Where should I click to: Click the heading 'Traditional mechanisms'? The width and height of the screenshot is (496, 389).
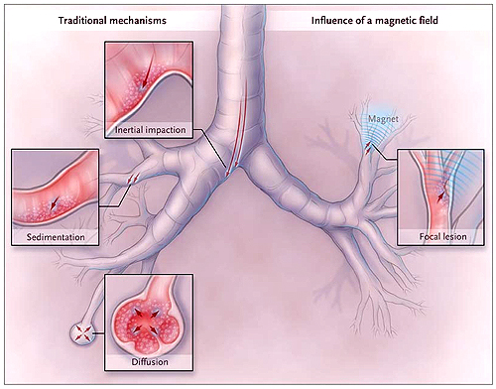click(112, 21)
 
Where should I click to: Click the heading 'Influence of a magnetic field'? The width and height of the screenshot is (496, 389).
click(375, 21)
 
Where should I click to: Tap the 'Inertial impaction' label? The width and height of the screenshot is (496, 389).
click(150, 129)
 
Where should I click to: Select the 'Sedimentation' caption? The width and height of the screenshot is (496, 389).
click(56, 237)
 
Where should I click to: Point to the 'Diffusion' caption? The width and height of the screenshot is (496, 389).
click(150, 361)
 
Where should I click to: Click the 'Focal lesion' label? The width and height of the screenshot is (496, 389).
click(442, 236)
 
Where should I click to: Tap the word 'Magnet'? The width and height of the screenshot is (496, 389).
click(383, 119)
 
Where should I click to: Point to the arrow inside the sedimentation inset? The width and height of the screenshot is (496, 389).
click(53, 203)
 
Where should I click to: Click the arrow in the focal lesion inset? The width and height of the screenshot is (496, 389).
click(440, 195)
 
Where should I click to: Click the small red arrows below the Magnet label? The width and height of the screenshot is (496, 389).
click(368, 150)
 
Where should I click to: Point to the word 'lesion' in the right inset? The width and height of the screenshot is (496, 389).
click(453, 236)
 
